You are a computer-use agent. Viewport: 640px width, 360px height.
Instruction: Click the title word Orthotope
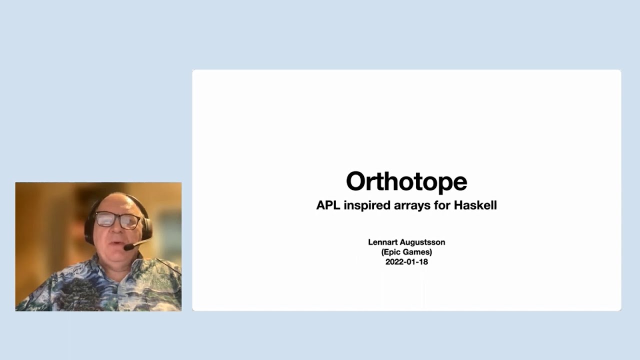(406, 181)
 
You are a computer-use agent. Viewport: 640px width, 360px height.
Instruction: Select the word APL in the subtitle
(328, 205)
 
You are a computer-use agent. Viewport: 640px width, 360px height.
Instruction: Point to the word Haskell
(475, 205)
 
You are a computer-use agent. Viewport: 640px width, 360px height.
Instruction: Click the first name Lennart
(382, 242)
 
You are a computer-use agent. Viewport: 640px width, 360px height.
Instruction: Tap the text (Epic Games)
(406, 252)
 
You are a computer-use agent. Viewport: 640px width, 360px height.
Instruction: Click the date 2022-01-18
(406, 261)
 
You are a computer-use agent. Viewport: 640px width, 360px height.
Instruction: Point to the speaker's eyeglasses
(117, 220)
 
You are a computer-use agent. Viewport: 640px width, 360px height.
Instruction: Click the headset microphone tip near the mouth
(128, 247)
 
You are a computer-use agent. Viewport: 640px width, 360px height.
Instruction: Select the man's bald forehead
(116, 202)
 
